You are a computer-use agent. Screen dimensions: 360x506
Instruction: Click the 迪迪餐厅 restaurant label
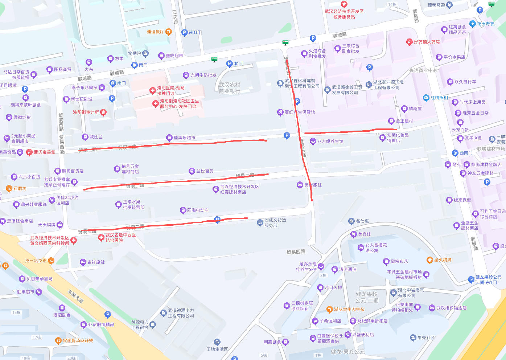(x=155, y=32)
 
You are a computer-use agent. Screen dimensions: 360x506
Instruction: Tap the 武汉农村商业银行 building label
(x=229, y=88)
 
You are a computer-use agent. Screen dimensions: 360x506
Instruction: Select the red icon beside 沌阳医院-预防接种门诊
(x=153, y=91)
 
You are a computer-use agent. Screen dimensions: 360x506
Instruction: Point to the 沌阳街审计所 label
(x=86, y=112)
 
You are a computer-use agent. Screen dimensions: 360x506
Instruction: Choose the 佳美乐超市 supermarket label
(x=184, y=138)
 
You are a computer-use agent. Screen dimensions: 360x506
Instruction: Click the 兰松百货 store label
(x=205, y=171)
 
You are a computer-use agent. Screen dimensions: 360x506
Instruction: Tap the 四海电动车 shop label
(x=198, y=210)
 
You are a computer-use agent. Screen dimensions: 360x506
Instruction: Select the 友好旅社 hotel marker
(x=300, y=185)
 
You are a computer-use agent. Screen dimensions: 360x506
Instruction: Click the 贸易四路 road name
(x=296, y=251)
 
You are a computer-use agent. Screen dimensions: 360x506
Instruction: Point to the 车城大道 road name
(x=75, y=296)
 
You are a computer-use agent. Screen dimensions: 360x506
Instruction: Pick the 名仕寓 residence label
(x=362, y=221)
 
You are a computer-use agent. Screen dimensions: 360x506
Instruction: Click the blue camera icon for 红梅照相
(x=426, y=98)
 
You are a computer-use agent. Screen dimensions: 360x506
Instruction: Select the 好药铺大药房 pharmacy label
(x=427, y=42)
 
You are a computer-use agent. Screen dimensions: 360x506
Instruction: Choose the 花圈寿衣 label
(x=485, y=24)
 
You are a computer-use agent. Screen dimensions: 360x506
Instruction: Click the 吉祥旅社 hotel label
(x=96, y=262)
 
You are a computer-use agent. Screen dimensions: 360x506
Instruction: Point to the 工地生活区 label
(x=217, y=349)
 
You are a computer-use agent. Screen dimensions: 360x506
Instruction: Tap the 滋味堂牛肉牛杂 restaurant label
(x=349, y=309)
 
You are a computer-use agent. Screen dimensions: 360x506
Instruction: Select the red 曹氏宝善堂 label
(x=44, y=152)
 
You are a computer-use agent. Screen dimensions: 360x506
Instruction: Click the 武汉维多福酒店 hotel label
(x=451, y=308)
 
